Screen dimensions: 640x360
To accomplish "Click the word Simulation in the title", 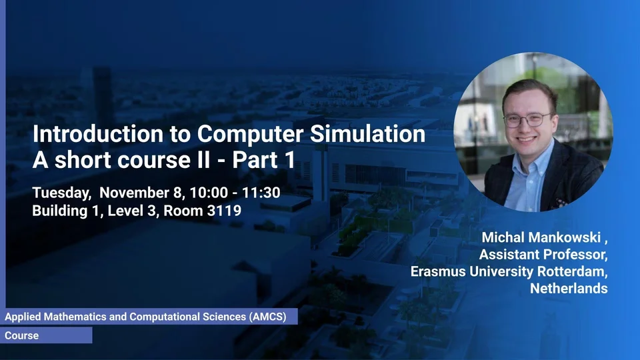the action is coord(367,134).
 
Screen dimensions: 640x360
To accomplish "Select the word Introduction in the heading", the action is coord(98,134).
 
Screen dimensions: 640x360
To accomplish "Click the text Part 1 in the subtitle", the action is coord(263,159).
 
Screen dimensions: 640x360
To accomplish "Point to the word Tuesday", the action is coord(61,193).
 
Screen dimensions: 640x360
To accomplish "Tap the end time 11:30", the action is coord(261,193).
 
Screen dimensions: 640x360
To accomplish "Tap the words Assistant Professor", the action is coord(543,255).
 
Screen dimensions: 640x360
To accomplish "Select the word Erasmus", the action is coord(438,271).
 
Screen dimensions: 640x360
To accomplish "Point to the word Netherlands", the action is coord(569,289).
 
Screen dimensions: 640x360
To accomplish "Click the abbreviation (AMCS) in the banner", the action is coord(268,317).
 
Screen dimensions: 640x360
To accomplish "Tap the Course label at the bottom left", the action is coord(21,335).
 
